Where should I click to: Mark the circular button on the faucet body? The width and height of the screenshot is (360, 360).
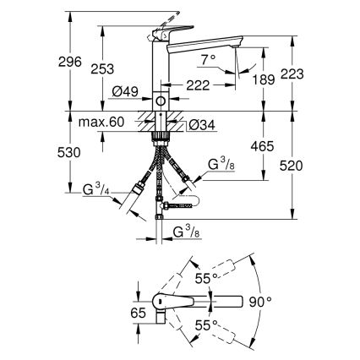(161, 101)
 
